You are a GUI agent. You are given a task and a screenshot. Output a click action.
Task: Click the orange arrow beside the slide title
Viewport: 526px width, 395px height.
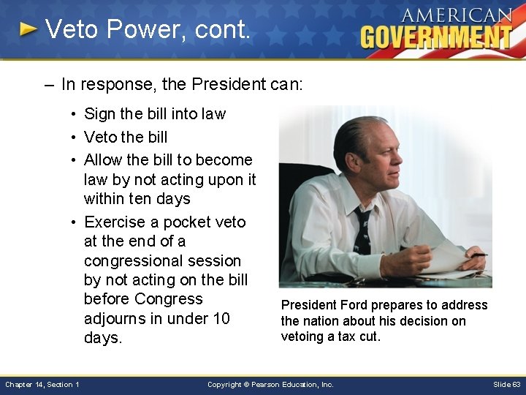point(28,29)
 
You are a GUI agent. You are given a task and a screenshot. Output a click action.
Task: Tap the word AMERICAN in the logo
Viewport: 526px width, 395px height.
point(456,15)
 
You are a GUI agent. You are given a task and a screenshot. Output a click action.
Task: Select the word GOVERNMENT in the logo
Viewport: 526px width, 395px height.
point(436,37)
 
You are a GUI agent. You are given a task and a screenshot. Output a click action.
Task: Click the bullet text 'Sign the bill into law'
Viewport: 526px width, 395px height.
point(155,114)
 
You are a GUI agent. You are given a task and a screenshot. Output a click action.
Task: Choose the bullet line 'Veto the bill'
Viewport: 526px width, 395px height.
point(126,137)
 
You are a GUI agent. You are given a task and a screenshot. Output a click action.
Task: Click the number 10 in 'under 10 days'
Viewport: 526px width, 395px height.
point(220,318)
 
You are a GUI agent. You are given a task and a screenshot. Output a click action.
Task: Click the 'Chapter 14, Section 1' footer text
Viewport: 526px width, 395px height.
point(42,385)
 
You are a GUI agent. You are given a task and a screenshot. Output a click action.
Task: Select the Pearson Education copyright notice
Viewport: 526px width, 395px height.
point(270,385)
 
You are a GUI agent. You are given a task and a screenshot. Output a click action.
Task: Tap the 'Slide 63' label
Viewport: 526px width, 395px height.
point(506,385)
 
